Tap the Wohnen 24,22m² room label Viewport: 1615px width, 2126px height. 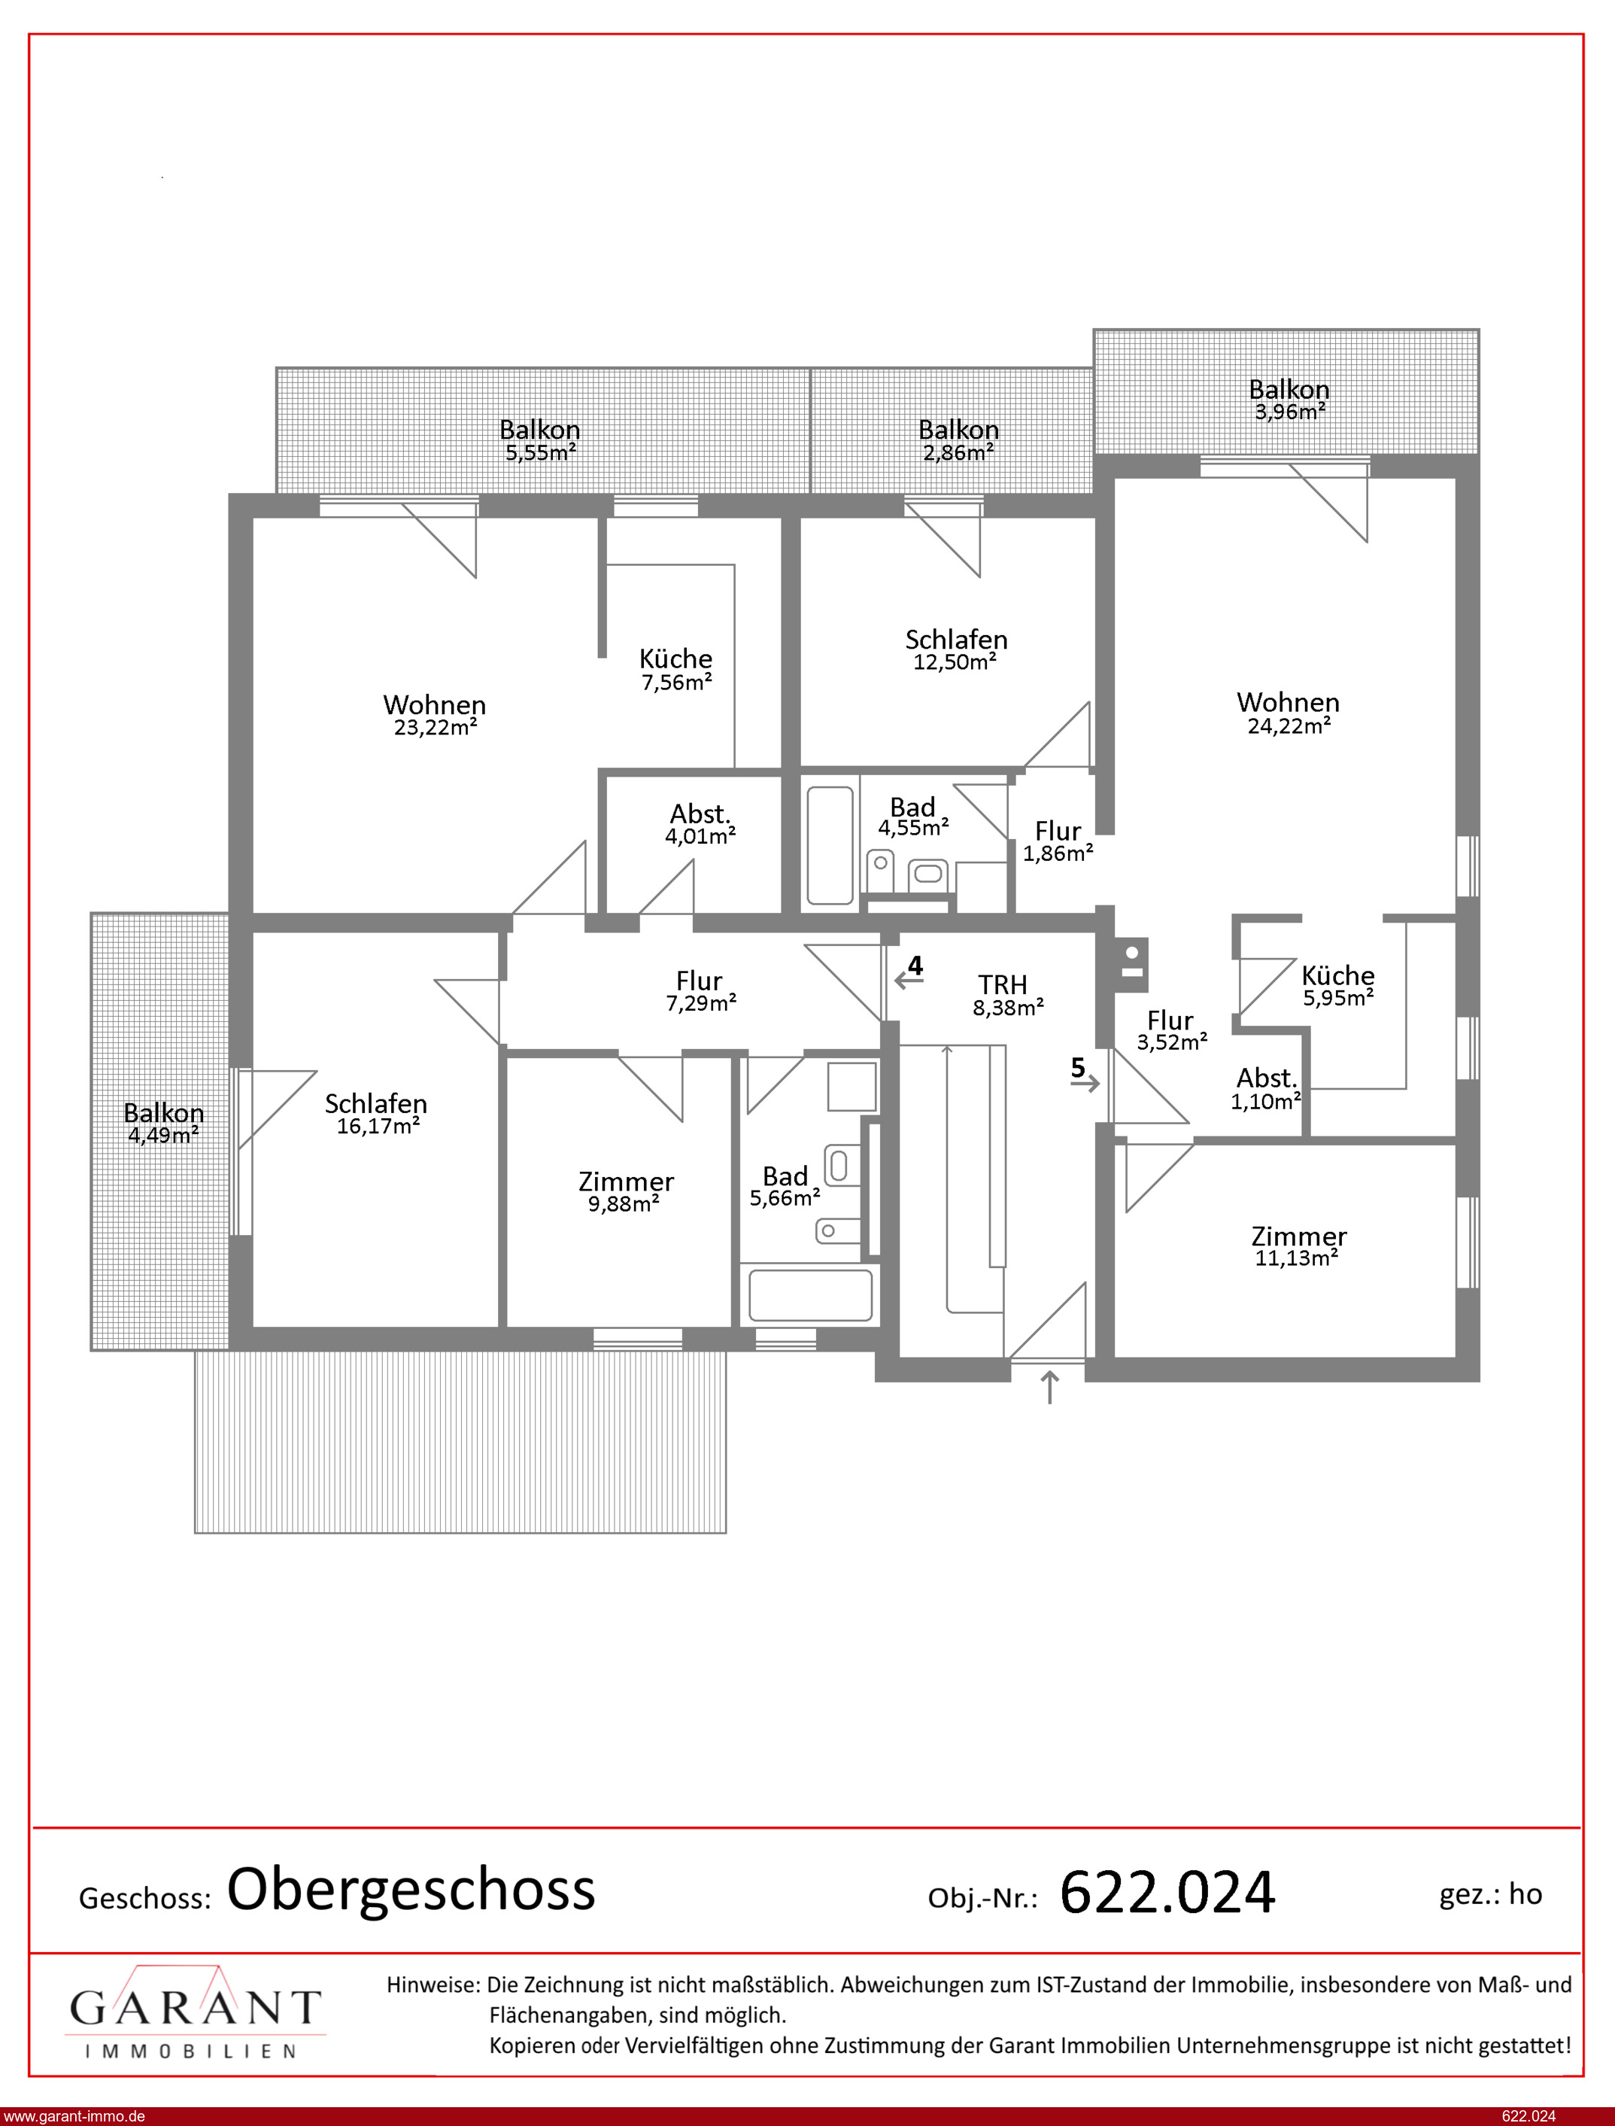1288,713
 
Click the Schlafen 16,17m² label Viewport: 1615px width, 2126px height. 376,1115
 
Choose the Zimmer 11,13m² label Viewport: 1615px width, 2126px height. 1299,1247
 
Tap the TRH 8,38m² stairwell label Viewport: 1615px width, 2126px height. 1006,995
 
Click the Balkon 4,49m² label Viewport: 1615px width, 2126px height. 163,1123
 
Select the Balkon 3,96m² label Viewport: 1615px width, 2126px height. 1289,400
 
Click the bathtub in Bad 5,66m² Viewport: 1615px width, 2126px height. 812,1294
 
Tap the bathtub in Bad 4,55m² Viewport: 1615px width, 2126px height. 830,845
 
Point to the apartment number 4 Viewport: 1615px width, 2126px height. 915,966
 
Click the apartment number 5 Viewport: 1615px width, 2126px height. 1078,1067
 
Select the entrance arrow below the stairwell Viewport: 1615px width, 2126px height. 1050,1388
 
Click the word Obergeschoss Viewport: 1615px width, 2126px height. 411,1890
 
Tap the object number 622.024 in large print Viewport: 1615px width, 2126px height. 1167,1893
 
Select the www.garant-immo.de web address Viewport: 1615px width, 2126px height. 74,2116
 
